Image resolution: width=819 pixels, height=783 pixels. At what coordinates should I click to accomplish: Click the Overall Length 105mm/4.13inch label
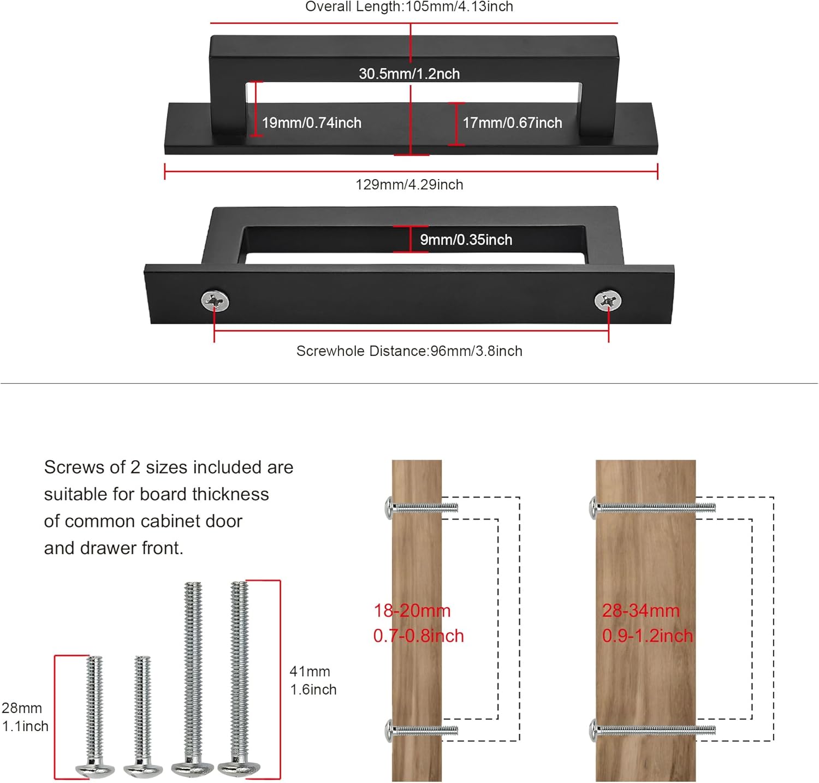(x=409, y=7)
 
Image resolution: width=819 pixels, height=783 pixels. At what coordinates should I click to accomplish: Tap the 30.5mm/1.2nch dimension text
(x=409, y=74)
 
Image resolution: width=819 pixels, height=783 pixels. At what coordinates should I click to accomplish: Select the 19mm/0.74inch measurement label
(x=312, y=123)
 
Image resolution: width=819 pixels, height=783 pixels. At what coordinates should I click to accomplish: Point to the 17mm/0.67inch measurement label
(x=512, y=123)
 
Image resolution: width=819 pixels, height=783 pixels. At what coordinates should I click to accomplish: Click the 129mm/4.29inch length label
(x=409, y=185)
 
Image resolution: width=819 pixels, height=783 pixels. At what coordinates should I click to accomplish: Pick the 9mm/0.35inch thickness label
(x=466, y=240)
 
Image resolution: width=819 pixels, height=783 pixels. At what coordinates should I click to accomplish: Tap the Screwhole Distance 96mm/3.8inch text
(x=409, y=351)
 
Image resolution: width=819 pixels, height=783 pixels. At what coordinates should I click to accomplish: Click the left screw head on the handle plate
(x=215, y=300)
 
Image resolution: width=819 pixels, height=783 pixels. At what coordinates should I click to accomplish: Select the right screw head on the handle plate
(x=608, y=300)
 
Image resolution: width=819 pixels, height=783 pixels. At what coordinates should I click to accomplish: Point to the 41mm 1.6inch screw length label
(x=312, y=680)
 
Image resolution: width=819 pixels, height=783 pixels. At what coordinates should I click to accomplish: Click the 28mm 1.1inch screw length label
(x=25, y=717)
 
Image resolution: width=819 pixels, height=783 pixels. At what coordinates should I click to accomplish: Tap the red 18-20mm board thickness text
(x=412, y=610)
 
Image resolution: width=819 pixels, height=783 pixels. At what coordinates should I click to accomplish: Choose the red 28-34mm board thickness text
(x=640, y=610)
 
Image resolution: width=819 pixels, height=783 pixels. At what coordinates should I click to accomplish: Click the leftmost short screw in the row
(x=95, y=715)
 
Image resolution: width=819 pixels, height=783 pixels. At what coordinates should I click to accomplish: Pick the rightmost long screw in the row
(x=239, y=677)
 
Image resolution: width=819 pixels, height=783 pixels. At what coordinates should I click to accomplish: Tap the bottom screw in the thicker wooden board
(x=652, y=729)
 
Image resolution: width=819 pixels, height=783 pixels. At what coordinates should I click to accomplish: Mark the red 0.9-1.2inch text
(x=647, y=636)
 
